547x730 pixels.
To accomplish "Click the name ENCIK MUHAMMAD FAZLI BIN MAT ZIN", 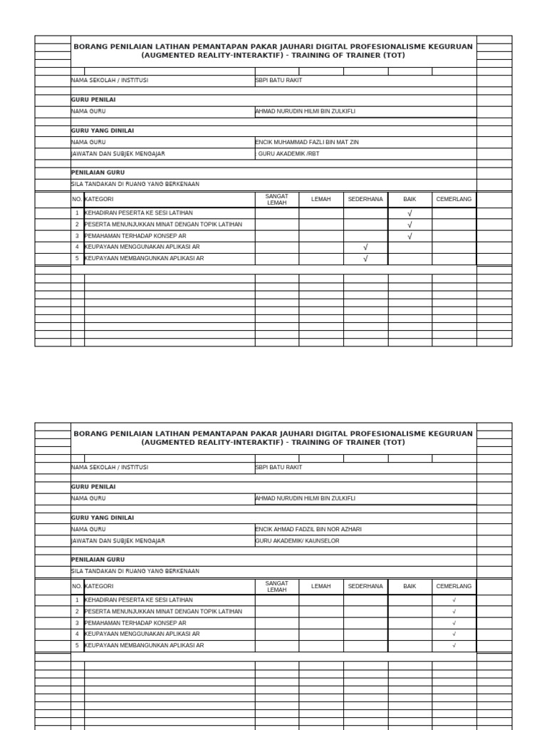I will coord(307,143).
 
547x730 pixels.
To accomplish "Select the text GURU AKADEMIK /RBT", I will coord(288,154).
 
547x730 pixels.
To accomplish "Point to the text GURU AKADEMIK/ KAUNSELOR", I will coord(298,541).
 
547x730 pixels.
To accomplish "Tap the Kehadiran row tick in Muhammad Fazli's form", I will coord(410,213).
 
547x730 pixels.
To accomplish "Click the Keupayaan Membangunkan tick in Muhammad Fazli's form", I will coord(365,259).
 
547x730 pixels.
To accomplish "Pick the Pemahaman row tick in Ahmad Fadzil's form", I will coord(454,623).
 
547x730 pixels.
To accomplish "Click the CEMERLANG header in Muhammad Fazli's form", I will coord(454,200).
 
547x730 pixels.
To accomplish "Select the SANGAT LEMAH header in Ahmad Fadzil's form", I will coord(276,587).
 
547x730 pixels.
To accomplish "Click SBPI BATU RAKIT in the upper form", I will coord(278,81).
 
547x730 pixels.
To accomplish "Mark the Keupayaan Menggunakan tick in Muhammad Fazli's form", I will coord(365,247).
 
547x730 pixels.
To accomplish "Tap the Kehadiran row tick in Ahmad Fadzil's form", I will coord(454,600).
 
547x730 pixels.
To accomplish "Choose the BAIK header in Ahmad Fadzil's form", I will coord(410,587).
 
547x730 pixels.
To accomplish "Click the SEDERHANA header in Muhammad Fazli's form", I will coord(365,200).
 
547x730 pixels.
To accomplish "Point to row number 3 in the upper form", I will coord(77,236).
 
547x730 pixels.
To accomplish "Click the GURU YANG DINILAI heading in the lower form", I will coord(103,518).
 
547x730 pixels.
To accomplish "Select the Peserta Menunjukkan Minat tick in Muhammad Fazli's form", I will coord(410,225).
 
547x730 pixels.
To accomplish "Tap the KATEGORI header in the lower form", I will coord(99,587).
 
